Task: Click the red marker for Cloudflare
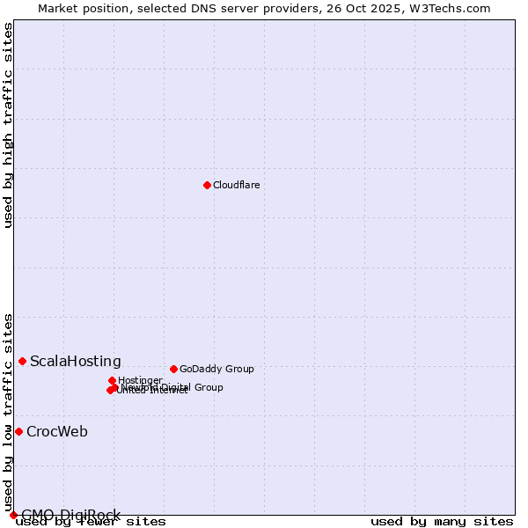pos(207,185)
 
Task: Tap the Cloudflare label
pos(236,185)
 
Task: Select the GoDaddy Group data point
pos(173,369)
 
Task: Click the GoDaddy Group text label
pos(216,369)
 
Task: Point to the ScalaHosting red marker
pos(22,361)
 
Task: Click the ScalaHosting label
pos(76,361)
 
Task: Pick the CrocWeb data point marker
pos(18,431)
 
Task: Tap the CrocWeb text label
pos(57,431)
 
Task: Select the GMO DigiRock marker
pos(13,515)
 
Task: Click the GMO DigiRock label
pos(70,515)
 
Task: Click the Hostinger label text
pos(140,380)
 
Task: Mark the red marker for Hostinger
pos(112,380)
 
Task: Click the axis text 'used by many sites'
pos(442,521)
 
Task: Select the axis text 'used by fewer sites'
pos(92,522)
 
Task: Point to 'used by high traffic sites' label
pos(8,125)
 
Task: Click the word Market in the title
pos(57,8)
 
